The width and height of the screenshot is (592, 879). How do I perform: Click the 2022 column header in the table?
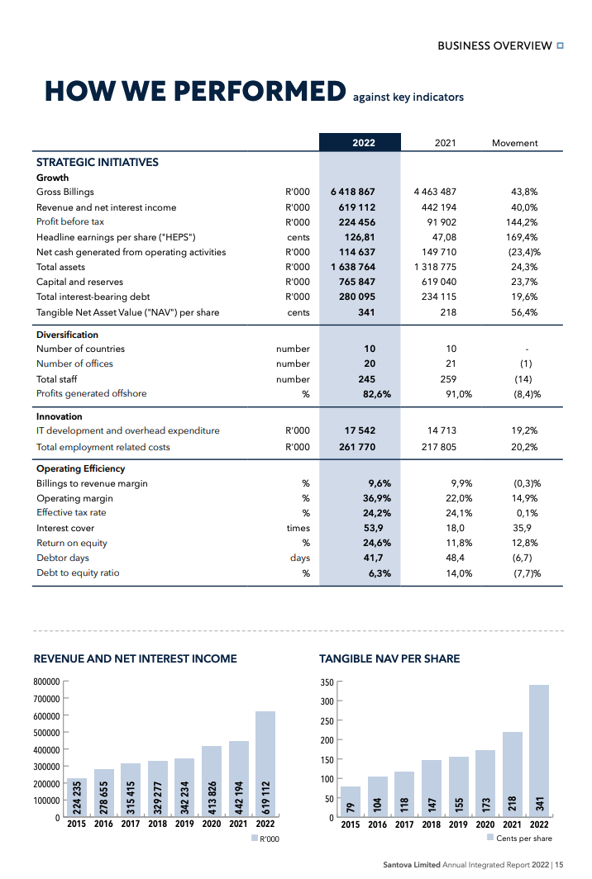[363, 143]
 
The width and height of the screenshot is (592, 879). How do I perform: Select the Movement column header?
[514, 143]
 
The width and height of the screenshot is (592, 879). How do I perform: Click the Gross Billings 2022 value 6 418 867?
[353, 192]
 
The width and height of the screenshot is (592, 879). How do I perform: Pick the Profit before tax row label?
[70, 222]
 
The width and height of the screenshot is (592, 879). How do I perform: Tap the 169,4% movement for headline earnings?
[522, 237]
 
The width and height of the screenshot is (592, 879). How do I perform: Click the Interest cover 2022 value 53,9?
[374, 529]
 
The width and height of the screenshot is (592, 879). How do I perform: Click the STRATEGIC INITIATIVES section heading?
[97, 163]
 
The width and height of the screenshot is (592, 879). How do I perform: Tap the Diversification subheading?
[67, 335]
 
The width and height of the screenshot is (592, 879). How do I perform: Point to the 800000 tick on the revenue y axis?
[46, 682]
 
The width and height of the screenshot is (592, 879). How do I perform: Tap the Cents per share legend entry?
[523, 839]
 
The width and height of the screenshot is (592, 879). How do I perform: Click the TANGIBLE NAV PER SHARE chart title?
[389, 659]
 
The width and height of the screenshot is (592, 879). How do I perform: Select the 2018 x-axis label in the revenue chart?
[157, 824]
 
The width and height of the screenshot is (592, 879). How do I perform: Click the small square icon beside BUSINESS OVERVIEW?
[561, 45]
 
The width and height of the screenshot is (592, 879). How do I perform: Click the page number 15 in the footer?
[560, 865]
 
